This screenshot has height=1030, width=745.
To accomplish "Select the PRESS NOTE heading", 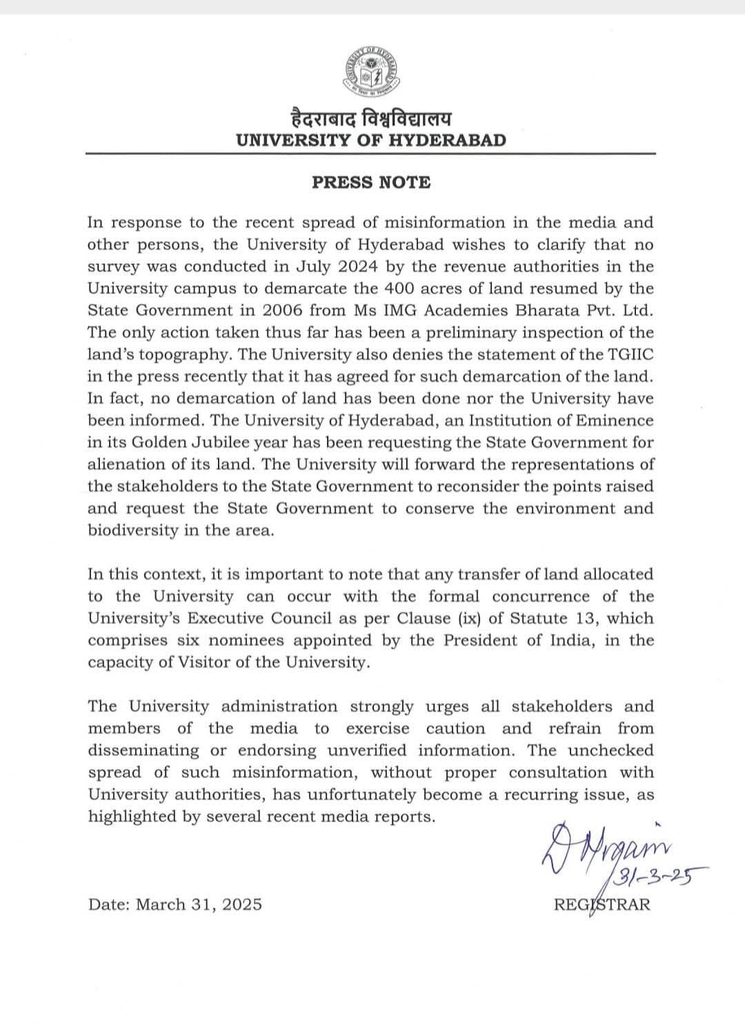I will [x=371, y=183].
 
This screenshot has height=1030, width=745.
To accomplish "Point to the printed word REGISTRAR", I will [x=602, y=904].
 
